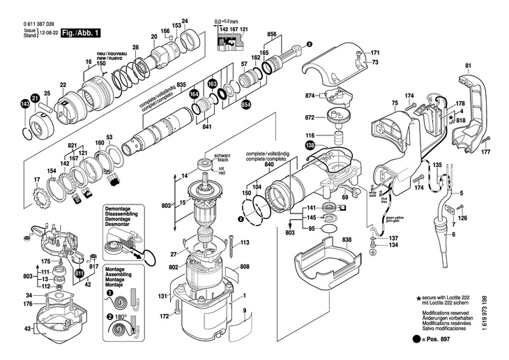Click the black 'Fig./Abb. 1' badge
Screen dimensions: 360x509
[x=81, y=33]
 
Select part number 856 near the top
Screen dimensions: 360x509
[x=272, y=35]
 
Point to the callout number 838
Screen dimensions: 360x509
[x=347, y=240]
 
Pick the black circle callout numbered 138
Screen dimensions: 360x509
[x=310, y=146]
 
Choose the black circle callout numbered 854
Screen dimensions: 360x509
[x=245, y=105]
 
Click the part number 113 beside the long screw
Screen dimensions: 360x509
[x=245, y=243]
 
